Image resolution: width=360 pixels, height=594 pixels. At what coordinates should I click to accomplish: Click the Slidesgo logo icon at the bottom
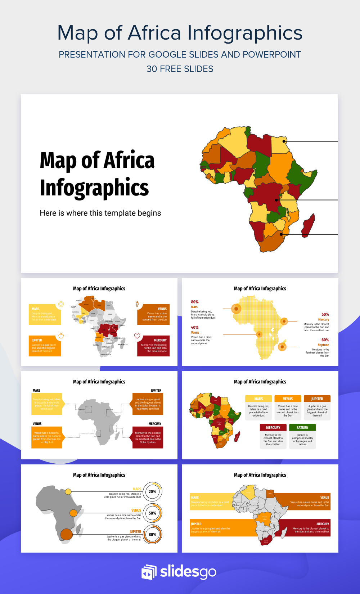coord(149,572)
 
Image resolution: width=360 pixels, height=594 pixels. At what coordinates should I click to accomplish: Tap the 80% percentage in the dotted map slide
coord(195,302)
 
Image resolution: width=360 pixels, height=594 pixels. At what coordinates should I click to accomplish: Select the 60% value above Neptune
coord(325,340)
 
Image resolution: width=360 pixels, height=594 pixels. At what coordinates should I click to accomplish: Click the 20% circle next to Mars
coord(153,492)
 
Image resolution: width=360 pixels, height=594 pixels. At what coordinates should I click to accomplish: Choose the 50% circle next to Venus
coord(153,513)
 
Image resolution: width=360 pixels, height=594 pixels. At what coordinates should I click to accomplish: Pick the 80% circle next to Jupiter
coord(153,535)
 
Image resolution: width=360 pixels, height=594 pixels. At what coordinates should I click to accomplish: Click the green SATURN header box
coord(302,428)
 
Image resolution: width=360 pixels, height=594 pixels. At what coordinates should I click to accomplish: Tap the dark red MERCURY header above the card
coord(273,428)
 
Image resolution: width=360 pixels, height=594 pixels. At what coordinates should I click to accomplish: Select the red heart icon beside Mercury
coord(137,336)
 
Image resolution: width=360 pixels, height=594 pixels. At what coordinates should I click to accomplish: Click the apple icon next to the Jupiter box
coord(61,336)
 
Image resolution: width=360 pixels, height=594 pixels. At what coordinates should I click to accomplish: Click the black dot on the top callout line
coord(284,141)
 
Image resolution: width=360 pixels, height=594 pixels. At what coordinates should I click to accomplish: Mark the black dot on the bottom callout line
coord(282,234)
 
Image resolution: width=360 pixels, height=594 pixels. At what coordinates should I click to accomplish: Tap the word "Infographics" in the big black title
coord(94,188)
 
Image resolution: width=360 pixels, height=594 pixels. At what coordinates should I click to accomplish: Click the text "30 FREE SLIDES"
coord(180,69)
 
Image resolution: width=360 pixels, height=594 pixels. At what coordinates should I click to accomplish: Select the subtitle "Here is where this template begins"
coord(100,213)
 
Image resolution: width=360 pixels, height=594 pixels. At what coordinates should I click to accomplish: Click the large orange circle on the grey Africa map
coord(67,534)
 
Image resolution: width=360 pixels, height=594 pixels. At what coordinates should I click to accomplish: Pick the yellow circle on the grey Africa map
coord(68,492)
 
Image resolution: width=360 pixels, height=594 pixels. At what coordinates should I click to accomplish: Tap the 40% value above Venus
coord(195,328)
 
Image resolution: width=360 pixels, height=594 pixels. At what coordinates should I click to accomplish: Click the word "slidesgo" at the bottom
coord(188,572)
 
